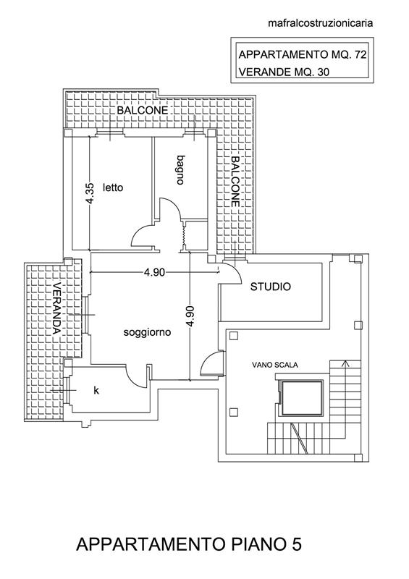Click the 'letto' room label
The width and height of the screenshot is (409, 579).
pos(113,187)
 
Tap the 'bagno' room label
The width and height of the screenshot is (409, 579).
pos(180,170)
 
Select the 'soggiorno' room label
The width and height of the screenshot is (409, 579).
pos(147,333)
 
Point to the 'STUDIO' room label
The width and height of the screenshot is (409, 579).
pos(271,287)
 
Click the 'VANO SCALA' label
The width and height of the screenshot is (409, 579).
pos(275,365)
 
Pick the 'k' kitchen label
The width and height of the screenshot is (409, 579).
pos(96,390)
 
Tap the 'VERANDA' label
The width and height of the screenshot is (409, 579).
pos(56,308)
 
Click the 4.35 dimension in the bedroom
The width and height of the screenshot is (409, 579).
pos(90,193)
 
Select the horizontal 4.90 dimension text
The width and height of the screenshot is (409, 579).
pos(154,273)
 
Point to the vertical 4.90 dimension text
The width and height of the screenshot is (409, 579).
pos(190,316)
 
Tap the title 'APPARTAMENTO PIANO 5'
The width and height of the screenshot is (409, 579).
pos(189,545)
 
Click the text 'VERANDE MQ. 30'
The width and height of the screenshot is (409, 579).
pos(284,72)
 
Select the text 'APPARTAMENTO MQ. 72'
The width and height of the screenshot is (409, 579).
pos(302,55)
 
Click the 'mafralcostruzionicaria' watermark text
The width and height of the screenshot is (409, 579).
pos(321,23)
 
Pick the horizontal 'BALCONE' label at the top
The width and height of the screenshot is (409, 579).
pos(143,110)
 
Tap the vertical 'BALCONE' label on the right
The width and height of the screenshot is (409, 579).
pos(235,182)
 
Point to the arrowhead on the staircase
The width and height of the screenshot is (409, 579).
pos(345,363)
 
